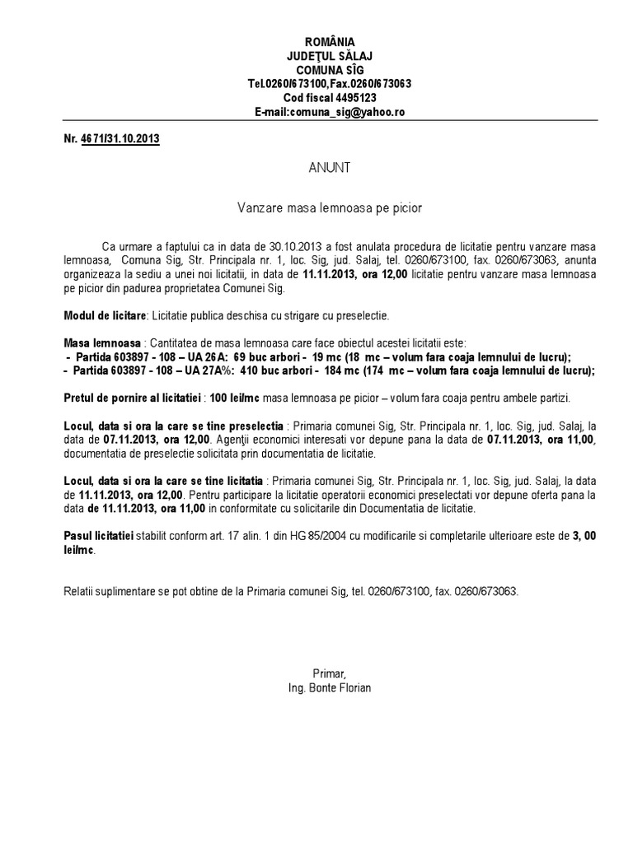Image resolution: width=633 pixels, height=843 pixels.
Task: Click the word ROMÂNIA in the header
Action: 330,41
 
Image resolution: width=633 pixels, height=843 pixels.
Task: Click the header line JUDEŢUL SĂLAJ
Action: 330,56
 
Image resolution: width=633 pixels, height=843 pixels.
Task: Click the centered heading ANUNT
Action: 330,168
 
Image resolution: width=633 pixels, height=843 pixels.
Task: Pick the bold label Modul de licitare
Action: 105,315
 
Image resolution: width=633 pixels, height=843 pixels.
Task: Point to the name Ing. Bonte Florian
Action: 330,687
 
